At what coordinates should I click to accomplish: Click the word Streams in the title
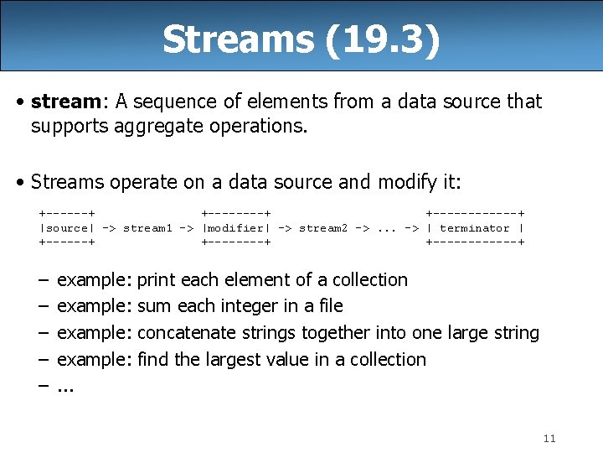pos(240,39)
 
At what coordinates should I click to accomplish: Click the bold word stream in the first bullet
pos(65,102)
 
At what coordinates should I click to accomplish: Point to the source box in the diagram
pos(66,228)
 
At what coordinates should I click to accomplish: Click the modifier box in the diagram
pos(236,228)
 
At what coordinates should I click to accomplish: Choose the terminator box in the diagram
pos(475,228)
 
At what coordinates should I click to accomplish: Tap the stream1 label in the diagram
pos(147,228)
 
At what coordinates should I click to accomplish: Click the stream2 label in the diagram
pos(323,228)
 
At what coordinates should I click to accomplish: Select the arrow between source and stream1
pos(109,228)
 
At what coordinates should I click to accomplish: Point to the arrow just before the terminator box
pos(411,228)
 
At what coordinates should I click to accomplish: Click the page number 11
pos(549,438)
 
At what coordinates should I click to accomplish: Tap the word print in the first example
pos(157,279)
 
